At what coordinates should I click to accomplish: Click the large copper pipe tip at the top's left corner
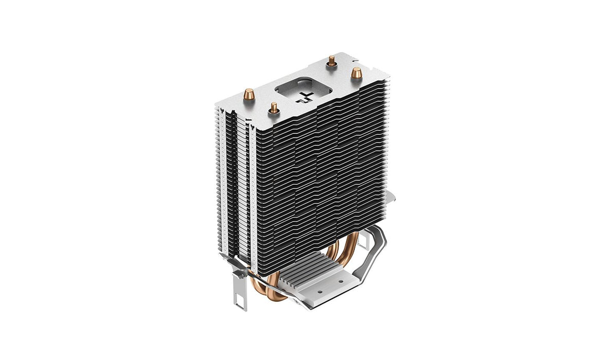click(248, 95)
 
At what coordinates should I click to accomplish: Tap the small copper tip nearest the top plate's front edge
click(274, 107)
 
